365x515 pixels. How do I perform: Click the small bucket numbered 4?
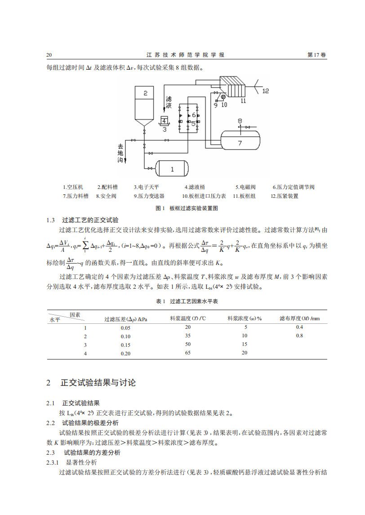coord(164,121)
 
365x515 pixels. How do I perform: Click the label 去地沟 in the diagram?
coord(120,153)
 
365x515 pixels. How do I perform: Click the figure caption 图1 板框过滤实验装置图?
coord(187,208)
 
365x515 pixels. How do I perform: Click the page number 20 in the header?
coord(49,55)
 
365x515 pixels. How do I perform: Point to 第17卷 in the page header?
coord(317,55)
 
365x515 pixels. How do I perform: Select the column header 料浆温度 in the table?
coord(188,318)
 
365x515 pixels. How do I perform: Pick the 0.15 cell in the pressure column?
coord(125,345)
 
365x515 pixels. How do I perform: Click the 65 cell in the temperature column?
coord(188,353)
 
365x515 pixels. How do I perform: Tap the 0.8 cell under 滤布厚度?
coord(299,336)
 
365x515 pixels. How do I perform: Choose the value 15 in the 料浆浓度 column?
coord(245,345)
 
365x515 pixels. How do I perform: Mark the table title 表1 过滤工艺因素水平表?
coord(187,301)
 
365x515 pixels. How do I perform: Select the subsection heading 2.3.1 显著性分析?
coord(81,462)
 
